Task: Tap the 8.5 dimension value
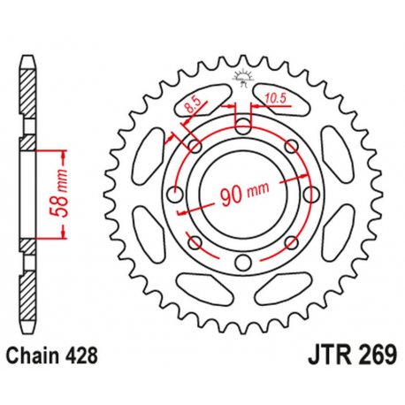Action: (x=191, y=109)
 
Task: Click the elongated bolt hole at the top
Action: (x=241, y=123)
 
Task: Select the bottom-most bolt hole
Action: (x=241, y=262)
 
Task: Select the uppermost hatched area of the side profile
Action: (x=28, y=88)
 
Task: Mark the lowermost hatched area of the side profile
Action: (x=28, y=292)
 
